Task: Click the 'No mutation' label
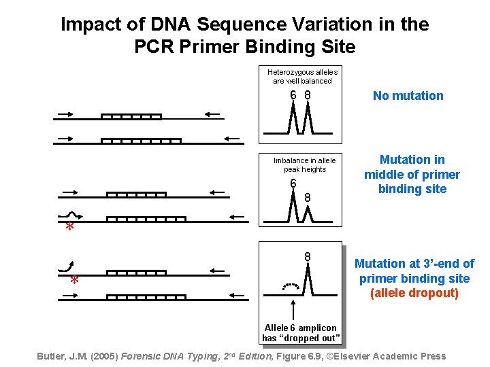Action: click(408, 96)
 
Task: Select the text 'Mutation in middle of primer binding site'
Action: click(412, 174)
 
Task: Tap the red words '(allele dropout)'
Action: click(414, 294)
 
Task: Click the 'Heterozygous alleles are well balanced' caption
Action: click(302, 76)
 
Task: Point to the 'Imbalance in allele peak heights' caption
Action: click(304, 164)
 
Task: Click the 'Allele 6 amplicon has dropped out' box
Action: click(300, 333)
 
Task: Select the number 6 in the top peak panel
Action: click(293, 95)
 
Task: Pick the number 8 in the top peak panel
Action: click(308, 95)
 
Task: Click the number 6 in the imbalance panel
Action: click(293, 183)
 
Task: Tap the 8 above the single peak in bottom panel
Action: click(308, 257)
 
